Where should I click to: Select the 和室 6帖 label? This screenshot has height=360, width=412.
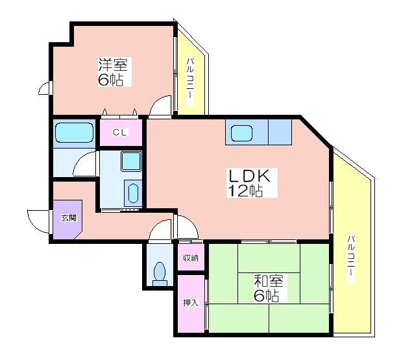[269, 288]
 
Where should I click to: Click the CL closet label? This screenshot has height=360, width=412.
[119, 132]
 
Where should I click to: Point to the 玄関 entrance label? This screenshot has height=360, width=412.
[69, 217]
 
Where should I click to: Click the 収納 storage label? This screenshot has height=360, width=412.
[191, 258]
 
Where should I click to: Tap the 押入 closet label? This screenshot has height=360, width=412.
[191, 303]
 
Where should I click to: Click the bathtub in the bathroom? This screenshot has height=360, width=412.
[75, 132]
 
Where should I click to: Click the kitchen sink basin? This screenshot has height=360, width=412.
[241, 133]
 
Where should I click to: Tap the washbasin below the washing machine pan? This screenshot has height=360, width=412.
[133, 193]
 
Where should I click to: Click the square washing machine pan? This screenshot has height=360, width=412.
[131, 161]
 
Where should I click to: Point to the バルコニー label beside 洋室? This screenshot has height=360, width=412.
[190, 82]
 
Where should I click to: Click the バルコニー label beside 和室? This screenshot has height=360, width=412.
[351, 259]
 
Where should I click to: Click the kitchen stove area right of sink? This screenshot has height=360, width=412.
[280, 132]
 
